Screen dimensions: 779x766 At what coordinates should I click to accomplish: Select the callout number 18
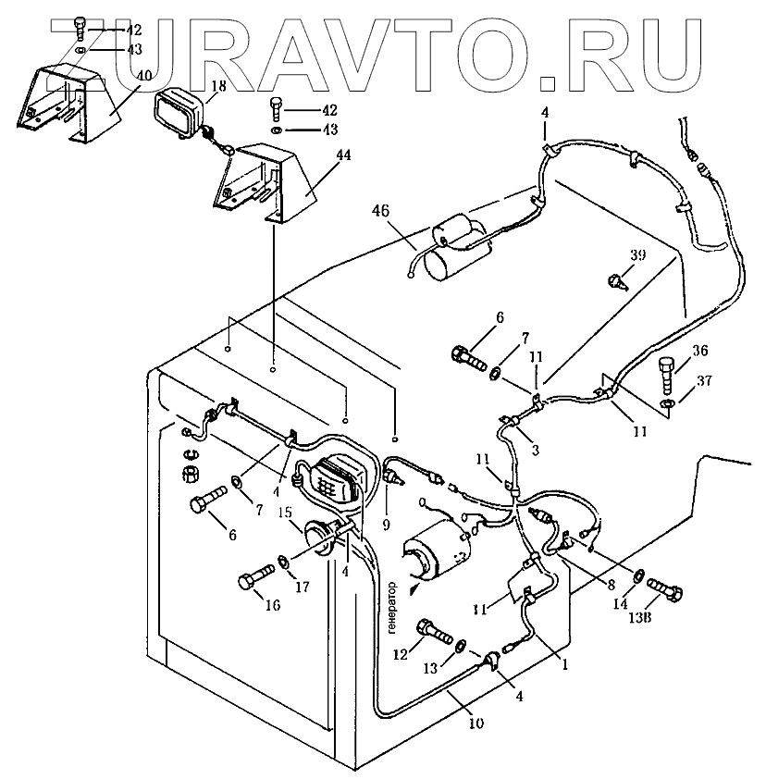click(218, 86)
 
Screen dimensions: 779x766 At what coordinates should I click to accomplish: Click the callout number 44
click(317, 155)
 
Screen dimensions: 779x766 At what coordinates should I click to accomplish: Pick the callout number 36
click(700, 351)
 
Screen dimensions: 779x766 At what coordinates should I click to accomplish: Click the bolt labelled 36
click(669, 376)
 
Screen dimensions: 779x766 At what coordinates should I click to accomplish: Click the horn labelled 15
click(320, 539)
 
